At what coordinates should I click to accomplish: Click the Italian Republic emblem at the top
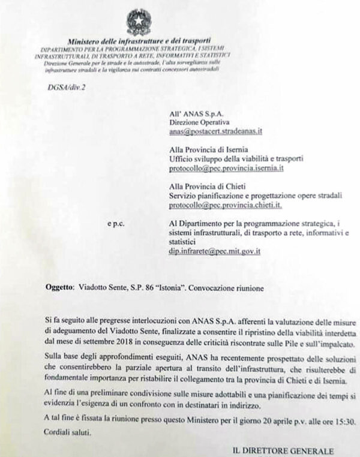(139, 22)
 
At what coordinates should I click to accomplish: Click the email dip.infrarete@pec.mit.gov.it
(214, 252)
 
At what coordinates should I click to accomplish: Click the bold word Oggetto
(60, 288)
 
